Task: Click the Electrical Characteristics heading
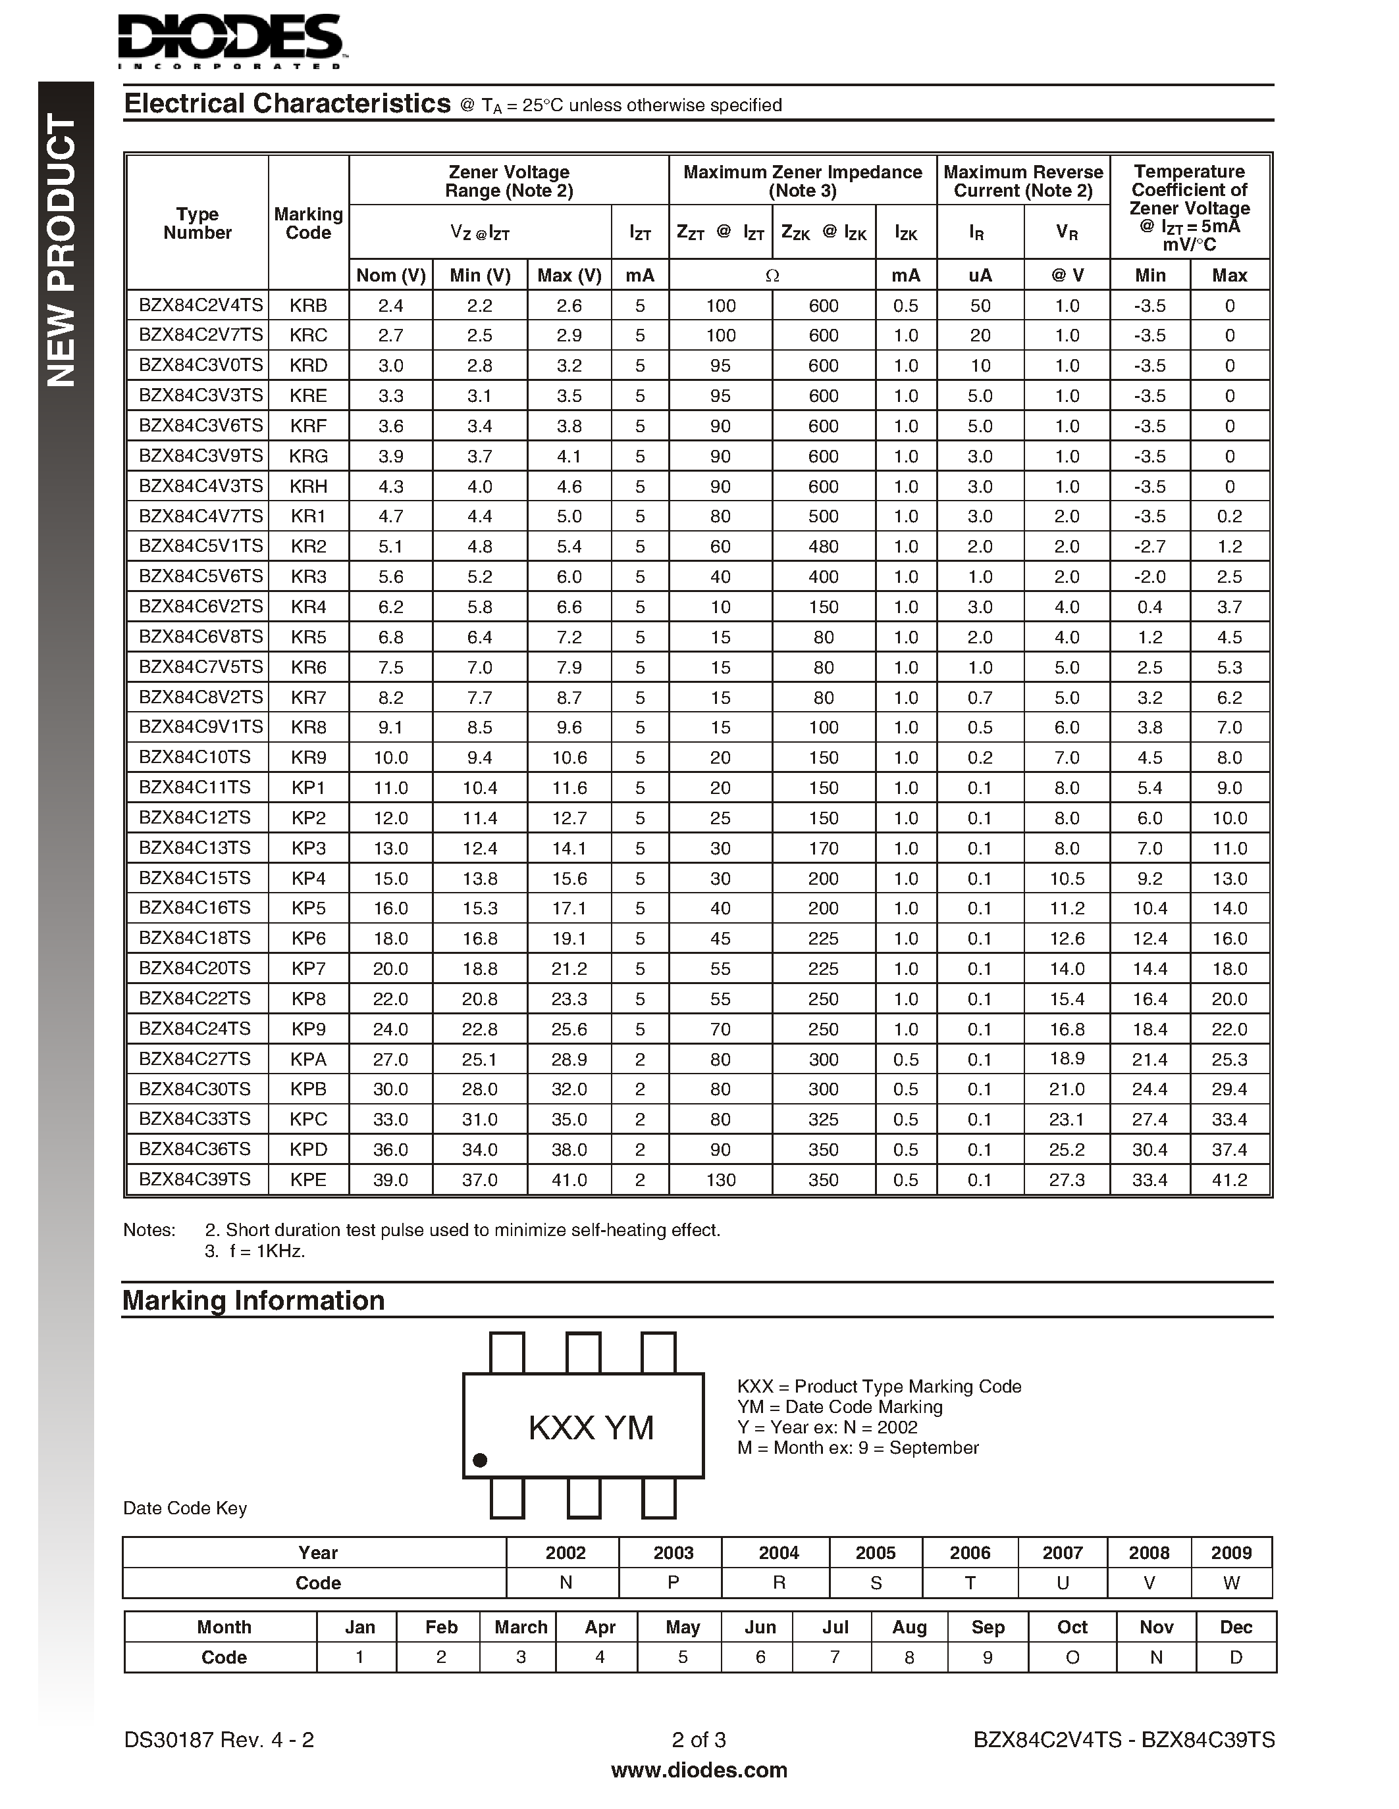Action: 287,103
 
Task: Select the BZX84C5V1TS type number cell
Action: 201,546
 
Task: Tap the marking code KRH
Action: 308,486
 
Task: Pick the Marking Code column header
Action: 308,223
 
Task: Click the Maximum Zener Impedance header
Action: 803,180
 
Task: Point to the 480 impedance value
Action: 823,547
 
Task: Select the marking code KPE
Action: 308,1179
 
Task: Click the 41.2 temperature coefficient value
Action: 1229,1179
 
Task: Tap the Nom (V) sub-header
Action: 390,275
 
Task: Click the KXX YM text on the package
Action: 591,1427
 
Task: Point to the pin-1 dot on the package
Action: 480,1460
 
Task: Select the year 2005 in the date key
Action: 875,1553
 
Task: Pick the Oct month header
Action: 1072,1627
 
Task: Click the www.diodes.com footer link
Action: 699,1770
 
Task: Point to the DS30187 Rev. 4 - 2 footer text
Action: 219,1739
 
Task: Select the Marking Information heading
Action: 253,1301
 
